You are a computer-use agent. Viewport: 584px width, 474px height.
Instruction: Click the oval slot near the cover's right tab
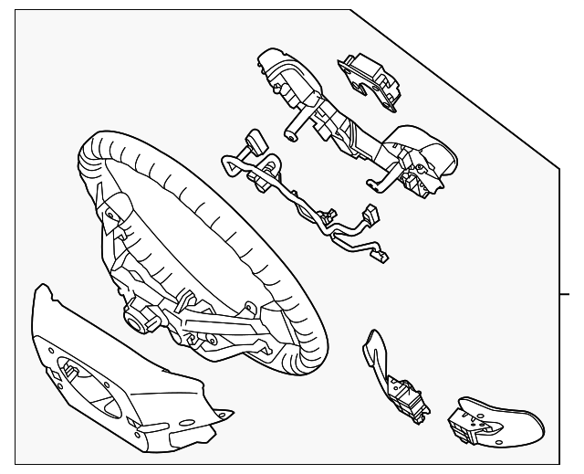[x=190, y=423]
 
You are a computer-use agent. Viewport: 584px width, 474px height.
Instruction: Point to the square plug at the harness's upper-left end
[x=252, y=142]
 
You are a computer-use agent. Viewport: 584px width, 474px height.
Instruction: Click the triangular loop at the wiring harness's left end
[x=229, y=166]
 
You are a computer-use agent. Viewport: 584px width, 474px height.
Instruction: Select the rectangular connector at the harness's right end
[x=372, y=212]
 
